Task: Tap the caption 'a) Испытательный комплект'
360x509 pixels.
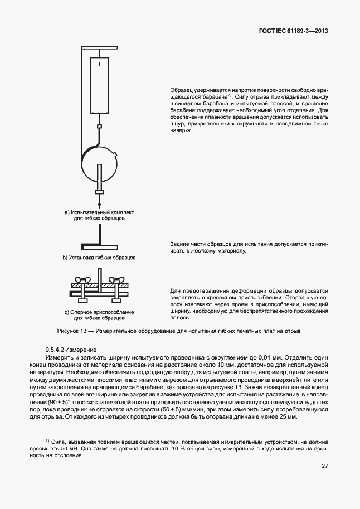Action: point(99,213)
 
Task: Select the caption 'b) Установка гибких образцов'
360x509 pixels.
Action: point(99,258)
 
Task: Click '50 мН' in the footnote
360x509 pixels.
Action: point(72,448)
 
